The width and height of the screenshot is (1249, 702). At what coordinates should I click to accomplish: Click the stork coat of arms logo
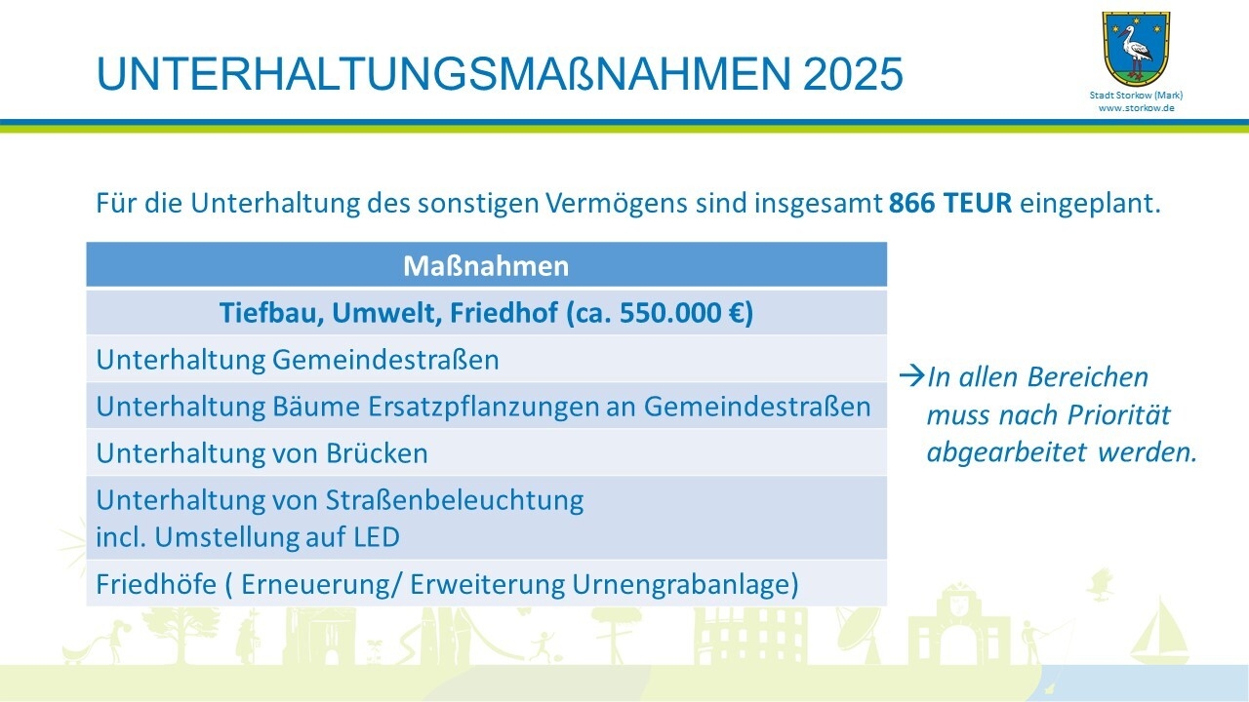pos(1136,48)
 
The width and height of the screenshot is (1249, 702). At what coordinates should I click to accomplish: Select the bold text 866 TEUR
pos(950,204)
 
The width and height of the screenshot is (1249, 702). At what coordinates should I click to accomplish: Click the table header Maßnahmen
pos(486,265)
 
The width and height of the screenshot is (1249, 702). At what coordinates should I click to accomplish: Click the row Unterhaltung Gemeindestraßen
pos(298,360)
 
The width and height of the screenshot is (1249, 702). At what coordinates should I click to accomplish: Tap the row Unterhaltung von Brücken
pos(262,453)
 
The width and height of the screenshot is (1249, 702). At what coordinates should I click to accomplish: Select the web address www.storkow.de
pos(1136,108)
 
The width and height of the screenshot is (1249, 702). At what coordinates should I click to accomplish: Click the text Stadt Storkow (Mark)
pos(1136,96)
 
